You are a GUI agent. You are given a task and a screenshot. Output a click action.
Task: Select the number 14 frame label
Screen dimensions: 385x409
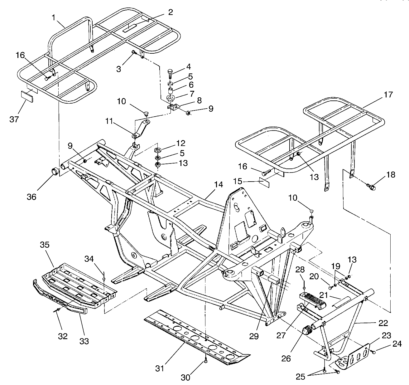coord(219,184)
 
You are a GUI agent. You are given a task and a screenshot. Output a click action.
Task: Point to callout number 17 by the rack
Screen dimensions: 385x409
coord(388,95)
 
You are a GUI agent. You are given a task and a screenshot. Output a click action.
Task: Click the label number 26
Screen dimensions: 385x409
coord(286,358)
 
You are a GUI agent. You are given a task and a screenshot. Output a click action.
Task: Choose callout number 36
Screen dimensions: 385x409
coord(31,197)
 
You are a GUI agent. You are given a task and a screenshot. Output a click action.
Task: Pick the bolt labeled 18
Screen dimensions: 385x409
coord(372,187)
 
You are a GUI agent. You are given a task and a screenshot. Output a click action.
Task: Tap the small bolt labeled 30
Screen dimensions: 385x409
coord(206,361)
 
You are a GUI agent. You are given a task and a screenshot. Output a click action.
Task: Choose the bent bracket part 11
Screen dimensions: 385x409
coord(142,129)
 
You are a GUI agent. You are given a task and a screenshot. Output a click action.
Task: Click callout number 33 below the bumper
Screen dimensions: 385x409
coord(84,341)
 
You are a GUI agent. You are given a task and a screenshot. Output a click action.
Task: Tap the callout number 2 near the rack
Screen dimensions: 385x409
coord(171,12)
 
